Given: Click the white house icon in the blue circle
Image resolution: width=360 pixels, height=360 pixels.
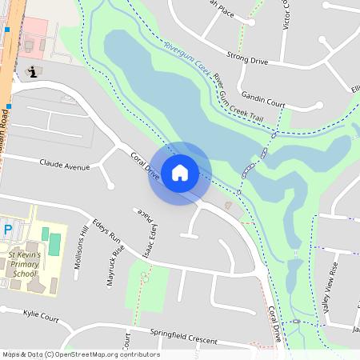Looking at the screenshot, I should click(179, 172).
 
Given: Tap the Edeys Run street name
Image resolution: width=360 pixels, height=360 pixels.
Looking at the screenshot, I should click(106, 231).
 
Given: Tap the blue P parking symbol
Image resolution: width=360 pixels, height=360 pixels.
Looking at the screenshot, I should click(8, 230).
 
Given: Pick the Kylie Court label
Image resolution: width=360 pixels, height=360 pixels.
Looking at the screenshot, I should click(42, 318).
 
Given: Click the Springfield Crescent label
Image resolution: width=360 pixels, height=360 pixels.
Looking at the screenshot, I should click(183, 336).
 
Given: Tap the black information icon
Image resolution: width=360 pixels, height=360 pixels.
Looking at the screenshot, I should click(32, 72).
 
